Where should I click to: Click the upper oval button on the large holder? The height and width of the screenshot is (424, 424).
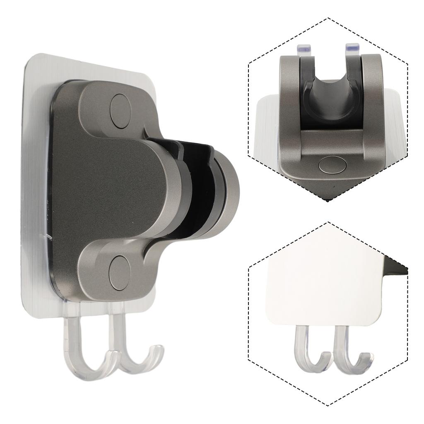[x=120, y=111]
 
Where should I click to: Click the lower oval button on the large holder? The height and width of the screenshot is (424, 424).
[x=120, y=272]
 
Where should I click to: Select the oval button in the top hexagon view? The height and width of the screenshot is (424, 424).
[x=332, y=165]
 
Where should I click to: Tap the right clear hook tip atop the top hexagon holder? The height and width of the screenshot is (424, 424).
[x=352, y=48]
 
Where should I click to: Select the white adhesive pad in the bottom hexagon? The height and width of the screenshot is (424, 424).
[x=323, y=286]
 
